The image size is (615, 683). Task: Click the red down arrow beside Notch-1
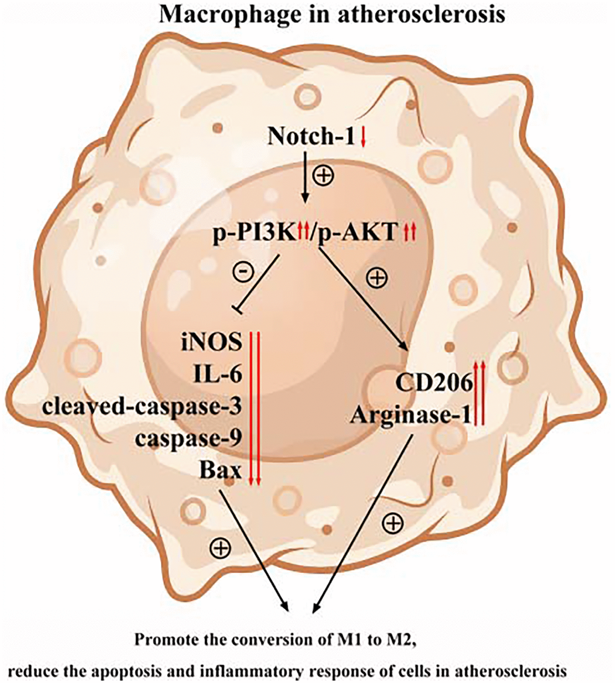coord(363,138)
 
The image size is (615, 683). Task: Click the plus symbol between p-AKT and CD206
coord(377,278)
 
